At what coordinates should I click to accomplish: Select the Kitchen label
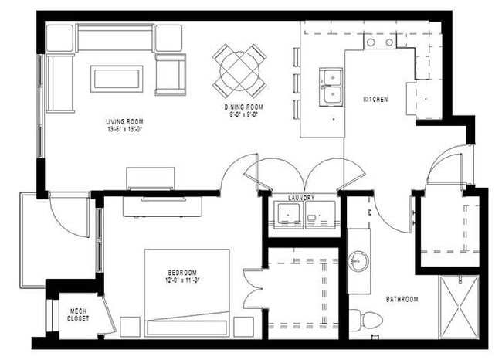375,100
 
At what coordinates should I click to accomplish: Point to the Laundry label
301,198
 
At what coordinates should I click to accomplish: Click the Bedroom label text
182,272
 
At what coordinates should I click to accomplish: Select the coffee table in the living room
116,78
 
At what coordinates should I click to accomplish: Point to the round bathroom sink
358,260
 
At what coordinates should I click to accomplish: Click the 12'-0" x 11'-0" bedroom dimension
183,280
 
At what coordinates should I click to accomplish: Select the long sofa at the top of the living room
115,38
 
